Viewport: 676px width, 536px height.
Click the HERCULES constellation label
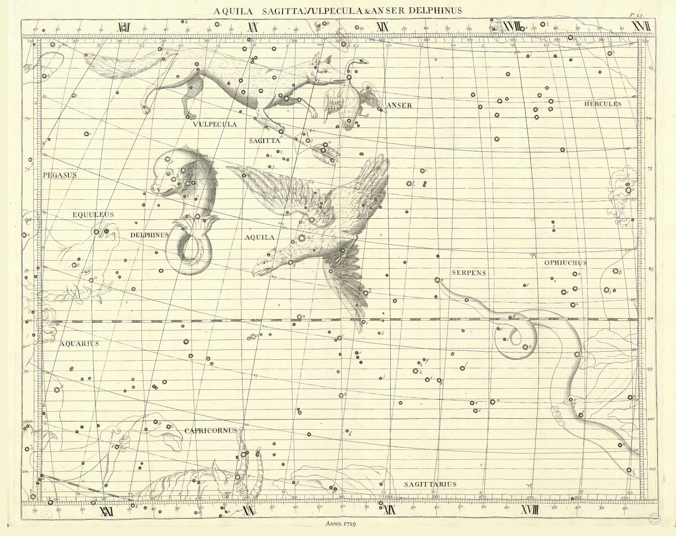[x=603, y=104]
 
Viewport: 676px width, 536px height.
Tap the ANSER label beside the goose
[x=399, y=105]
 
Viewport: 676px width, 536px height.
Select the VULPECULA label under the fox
[x=215, y=124]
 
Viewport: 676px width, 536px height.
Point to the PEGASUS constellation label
[x=60, y=175]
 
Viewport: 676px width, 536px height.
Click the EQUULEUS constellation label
[x=93, y=215]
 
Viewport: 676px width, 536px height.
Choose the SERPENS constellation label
[x=469, y=273]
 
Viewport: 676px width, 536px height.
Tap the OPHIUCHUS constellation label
[x=566, y=263]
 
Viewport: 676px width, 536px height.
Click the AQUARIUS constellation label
[x=79, y=344]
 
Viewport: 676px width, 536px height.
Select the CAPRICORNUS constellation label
[x=210, y=431]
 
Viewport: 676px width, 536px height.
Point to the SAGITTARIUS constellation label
[x=430, y=485]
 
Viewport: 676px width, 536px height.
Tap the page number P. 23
[x=635, y=15]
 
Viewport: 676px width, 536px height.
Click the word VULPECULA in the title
[x=327, y=10]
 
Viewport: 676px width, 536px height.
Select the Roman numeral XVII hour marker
[x=641, y=27]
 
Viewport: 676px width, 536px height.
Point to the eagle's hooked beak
[x=256, y=272]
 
